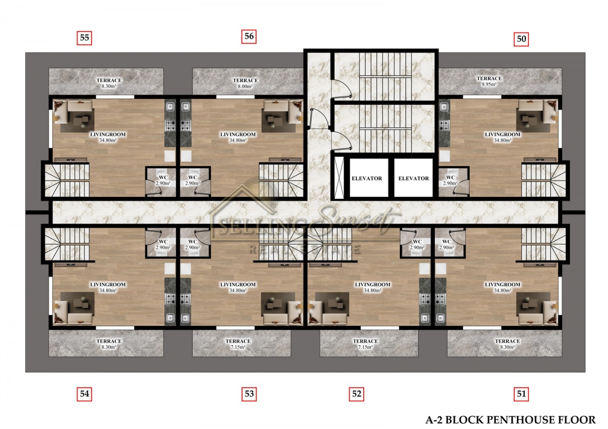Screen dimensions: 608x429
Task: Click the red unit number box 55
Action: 85,37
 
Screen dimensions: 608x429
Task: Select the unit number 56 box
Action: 249,36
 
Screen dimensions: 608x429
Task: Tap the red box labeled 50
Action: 521,39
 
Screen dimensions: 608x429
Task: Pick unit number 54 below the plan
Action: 85,394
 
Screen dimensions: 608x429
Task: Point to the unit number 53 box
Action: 249,394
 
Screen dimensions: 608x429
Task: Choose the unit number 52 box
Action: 356,394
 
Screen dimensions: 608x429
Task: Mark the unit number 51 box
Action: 521,394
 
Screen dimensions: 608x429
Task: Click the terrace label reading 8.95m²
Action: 489,81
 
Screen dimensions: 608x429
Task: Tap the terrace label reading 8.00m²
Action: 245,83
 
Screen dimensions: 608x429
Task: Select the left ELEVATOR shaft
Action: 369,178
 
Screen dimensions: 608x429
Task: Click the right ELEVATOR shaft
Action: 413,178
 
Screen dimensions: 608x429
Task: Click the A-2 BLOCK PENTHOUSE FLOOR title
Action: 511,420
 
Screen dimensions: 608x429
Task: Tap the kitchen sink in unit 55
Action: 170,107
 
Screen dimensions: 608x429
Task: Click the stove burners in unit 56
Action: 185,126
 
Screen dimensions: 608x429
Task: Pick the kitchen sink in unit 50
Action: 444,107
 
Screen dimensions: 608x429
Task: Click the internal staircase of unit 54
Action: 67,244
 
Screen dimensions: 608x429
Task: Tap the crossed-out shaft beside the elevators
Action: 339,178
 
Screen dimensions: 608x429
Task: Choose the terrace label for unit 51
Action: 507,344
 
